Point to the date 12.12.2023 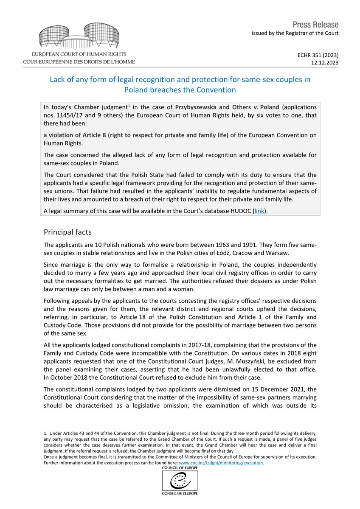[x=326, y=62]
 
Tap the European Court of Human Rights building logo [x=79, y=35]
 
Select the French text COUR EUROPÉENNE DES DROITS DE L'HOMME [x=79, y=62]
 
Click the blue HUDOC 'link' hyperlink [x=258, y=210]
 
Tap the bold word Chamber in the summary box [x=87, y=107]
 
